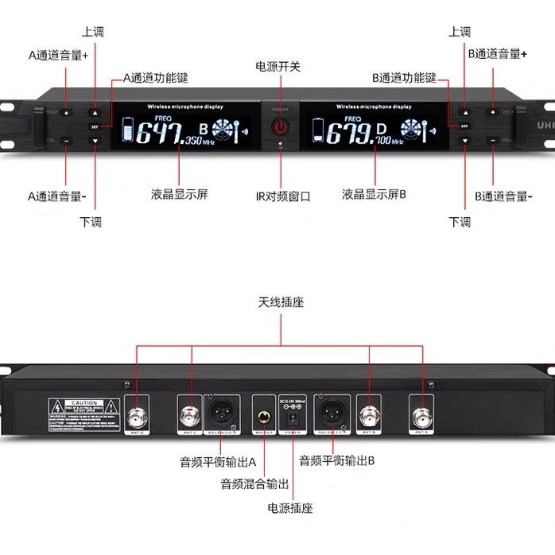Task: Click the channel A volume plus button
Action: (x=66, y=113)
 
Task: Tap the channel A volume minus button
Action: (x=66, y=140)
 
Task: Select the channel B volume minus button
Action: (x=493, y=140)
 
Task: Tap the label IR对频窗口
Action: (x=282, y=196)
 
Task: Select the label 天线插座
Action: (x=281, y=302)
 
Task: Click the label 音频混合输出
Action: (x=254, y=483)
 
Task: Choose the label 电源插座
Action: (x=290, y=507)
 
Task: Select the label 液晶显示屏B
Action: (x=374, y=194)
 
